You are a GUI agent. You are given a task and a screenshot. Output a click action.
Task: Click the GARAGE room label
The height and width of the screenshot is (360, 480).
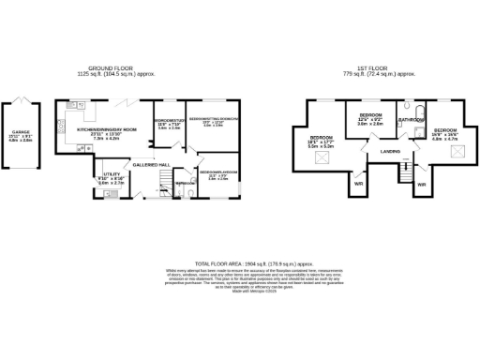coord(20,132)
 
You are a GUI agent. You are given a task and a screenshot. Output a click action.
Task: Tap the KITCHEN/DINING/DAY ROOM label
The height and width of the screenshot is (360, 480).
coord(106,129)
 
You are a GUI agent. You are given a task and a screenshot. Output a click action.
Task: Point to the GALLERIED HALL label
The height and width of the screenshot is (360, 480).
coord(150,163)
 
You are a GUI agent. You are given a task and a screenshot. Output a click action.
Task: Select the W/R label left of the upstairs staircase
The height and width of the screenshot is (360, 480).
coord(358,184)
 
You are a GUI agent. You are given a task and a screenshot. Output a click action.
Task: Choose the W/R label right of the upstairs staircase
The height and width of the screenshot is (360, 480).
coord(421,184)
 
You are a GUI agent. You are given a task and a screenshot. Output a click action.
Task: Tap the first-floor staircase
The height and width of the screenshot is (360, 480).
coord(405,174)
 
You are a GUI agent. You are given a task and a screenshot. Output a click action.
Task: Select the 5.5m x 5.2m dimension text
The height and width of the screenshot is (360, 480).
coord(321,146)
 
